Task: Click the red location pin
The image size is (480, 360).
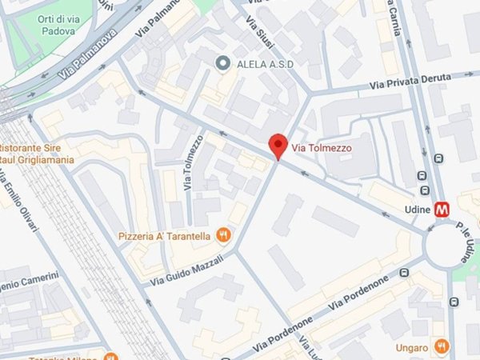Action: [278, 145]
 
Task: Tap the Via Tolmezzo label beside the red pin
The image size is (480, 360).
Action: [321, 147]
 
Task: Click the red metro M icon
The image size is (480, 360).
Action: [442, 210]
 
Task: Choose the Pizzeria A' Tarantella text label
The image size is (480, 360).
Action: [165, 236]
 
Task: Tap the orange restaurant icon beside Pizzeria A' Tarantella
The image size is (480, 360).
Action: [225, 235]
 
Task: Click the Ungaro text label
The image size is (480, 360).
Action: [411, 347]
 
